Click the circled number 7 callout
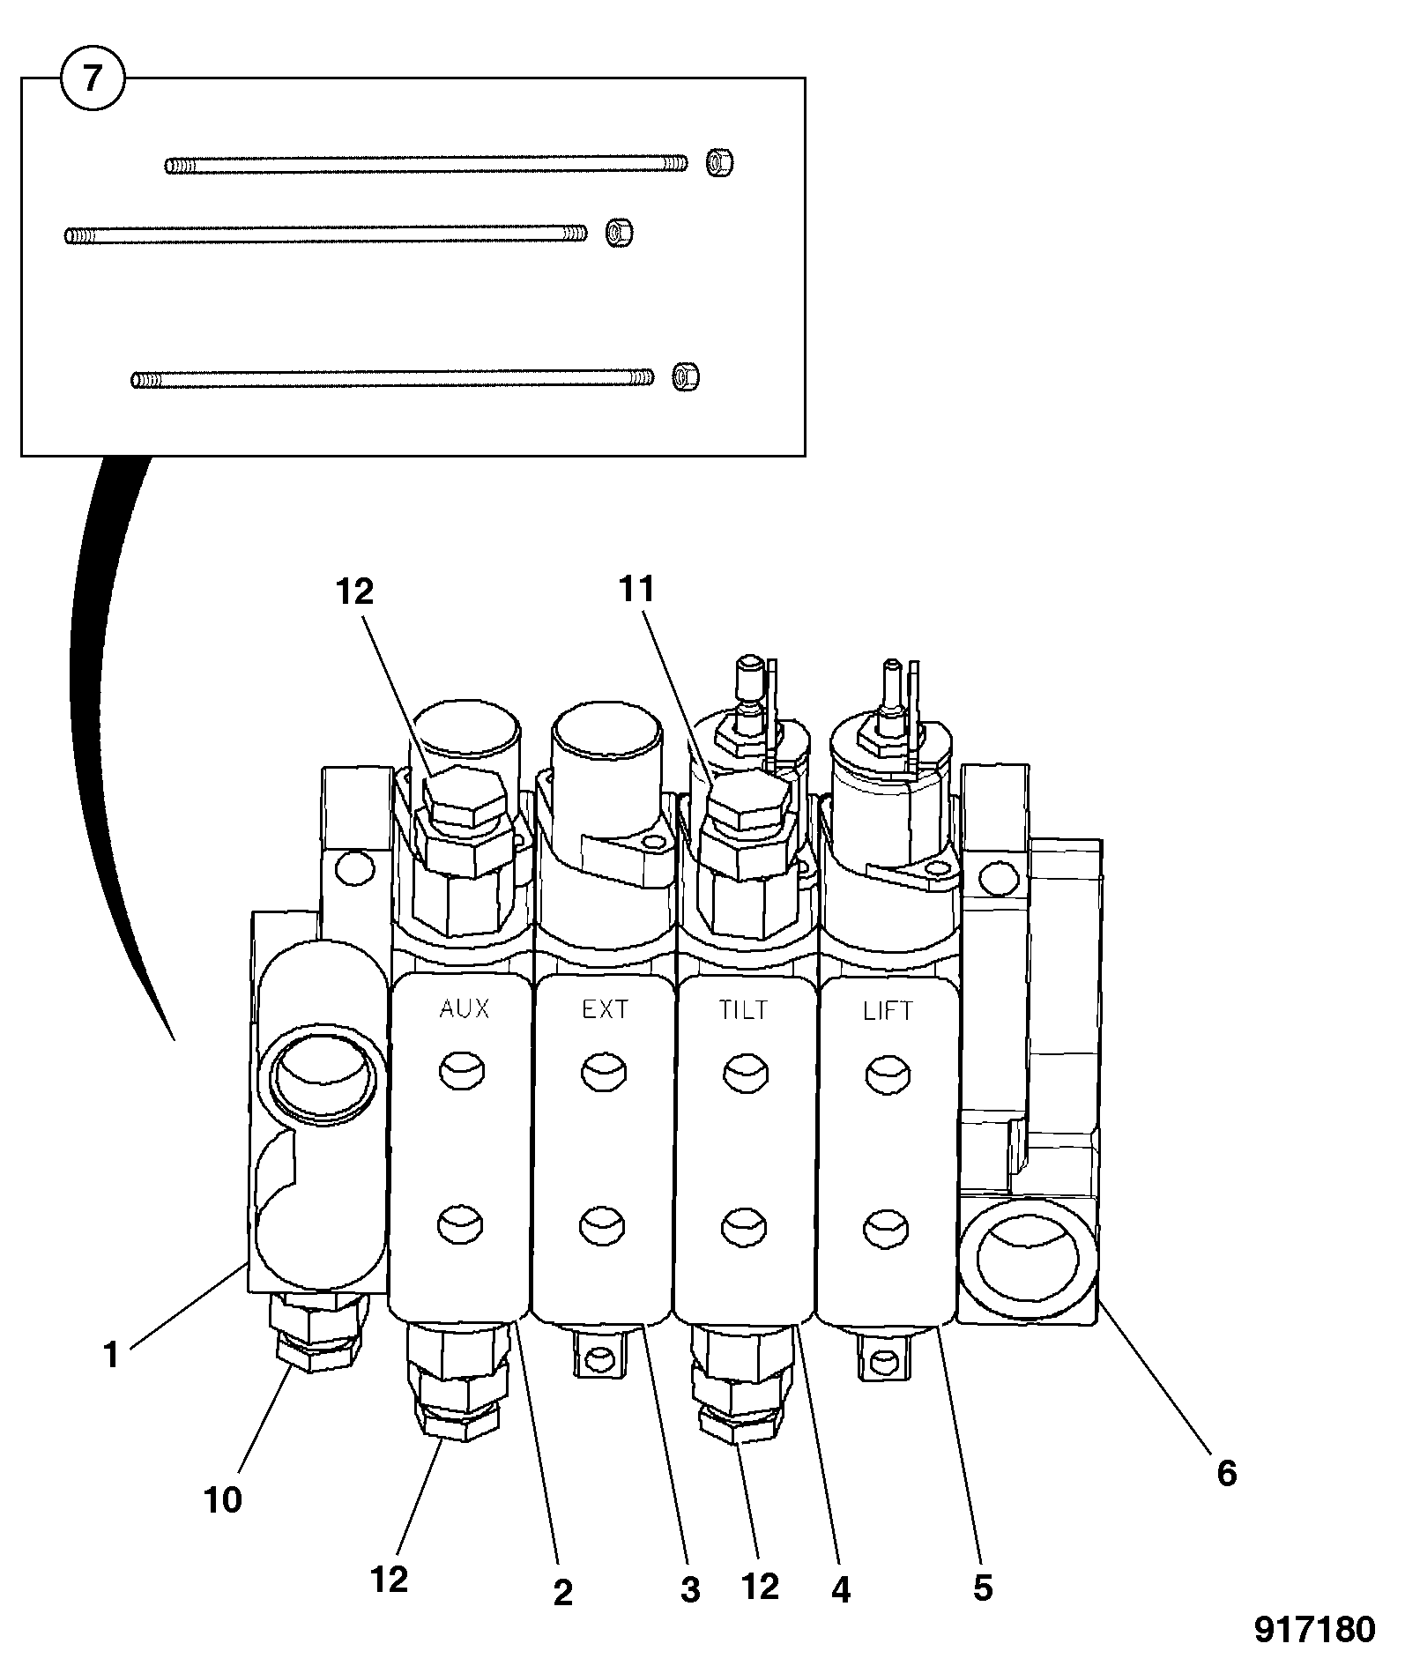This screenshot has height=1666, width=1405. [x=93, y=78]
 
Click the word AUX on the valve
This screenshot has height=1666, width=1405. [x=464, y=1008]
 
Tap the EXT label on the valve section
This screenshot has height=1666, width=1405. [x=605, y=1008]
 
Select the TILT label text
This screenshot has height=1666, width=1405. [x=744, y=1009]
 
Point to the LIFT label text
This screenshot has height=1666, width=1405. [x=888, y=1011]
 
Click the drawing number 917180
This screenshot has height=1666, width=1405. [x=1314, y=1630]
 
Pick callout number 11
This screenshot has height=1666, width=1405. [x=636, y=590]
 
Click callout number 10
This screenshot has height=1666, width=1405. [x=222, y=1499]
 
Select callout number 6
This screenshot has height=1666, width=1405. [x=1227, y=1473]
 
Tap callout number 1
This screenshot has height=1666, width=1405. [x=110, y=1355]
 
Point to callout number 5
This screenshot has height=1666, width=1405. [x=983, y=1588]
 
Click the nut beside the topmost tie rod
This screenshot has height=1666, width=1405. [x=720, y=163]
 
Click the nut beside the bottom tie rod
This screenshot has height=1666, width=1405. [x=685, y=377]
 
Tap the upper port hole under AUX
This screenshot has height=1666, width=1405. [x=462, y=1072]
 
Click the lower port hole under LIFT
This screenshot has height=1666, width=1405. [x=888, y=1226]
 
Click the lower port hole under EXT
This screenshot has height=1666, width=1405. [x=604, y=1224]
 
